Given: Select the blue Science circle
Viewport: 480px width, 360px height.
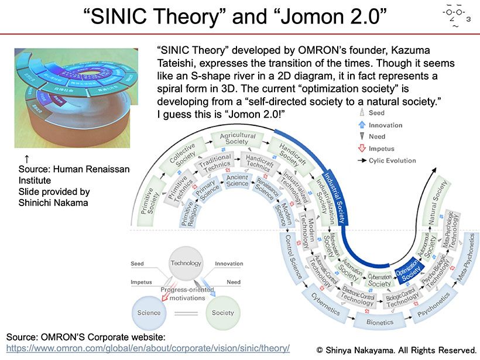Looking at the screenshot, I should tap(149, 312).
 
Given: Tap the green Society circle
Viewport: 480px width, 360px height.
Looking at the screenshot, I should tap(223, 312).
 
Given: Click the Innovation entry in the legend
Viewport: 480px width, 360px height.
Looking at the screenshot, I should tap(385, 125).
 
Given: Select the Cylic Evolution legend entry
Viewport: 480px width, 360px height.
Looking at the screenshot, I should tap(392, 160).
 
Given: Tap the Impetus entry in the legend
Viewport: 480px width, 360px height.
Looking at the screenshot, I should tap(382, 149).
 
